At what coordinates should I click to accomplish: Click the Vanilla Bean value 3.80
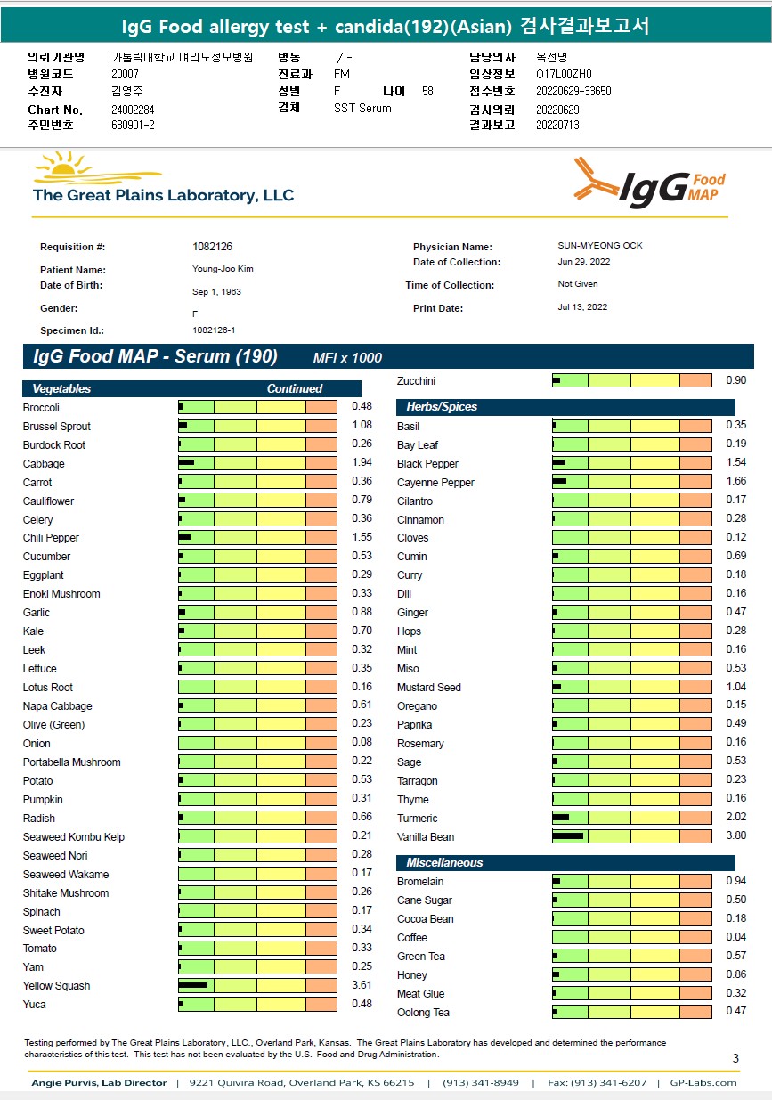[735, 836]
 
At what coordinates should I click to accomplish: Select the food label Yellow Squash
[56, 986]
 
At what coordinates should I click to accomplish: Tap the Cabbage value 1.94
[362, 464]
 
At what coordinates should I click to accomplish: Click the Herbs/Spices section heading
[442, 407]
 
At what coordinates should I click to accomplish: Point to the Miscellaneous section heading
[444, 863]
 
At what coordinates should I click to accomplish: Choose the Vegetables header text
[61, 389]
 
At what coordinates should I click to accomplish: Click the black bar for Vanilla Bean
[568, 836]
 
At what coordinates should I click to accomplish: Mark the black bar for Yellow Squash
[193, 985]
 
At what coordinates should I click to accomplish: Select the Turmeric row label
[417, 819]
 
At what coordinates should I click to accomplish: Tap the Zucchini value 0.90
[735, 381]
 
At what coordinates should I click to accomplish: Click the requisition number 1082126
[212, 247]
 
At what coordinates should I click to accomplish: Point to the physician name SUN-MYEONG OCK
[594, 246]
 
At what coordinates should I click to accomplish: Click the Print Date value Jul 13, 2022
[576, 307]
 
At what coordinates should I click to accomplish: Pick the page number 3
[735, 1058]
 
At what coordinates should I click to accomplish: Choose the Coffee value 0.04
[735, 938]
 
